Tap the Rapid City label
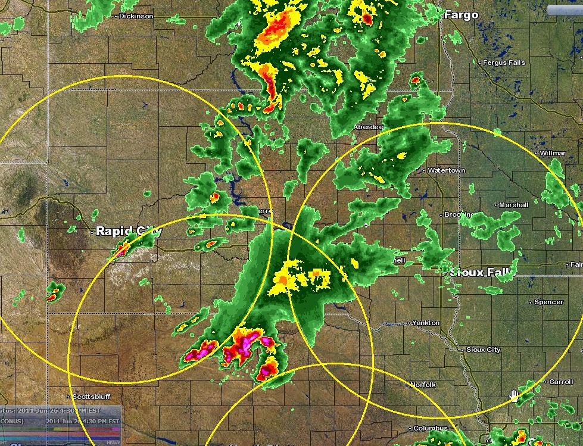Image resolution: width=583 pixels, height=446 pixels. pos(129,231)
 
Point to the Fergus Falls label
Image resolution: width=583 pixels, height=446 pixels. pos(504,63)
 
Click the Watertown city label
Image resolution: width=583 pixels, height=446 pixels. pos(446,170)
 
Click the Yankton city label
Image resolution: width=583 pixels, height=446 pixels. pos(426,323)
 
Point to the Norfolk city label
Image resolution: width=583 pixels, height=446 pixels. pos(423,385)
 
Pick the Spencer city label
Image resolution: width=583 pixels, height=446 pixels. pos(548,302)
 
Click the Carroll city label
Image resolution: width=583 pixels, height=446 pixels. pos(561,382)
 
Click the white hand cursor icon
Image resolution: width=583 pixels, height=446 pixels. pos(514,396)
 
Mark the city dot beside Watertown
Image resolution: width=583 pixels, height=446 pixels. pos(423,170)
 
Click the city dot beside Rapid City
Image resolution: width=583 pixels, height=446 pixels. pos(92,231)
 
